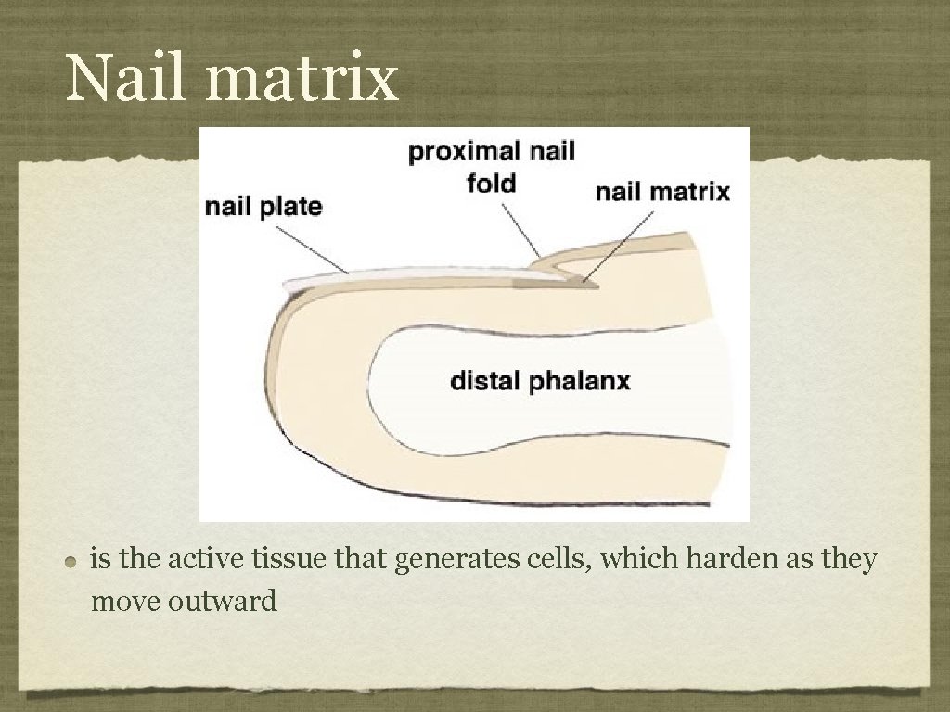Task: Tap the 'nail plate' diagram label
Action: pyautogui.click(x=263, y=206)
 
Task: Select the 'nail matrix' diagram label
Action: pyautogui.click(x=662, y=192)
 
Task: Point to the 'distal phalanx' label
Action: pyautogui.click(x=540, y=380)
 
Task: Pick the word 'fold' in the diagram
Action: pyautogui.click(x=491, y=183)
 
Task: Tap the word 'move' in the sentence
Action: pyautogui.click(x=126, y=602)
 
